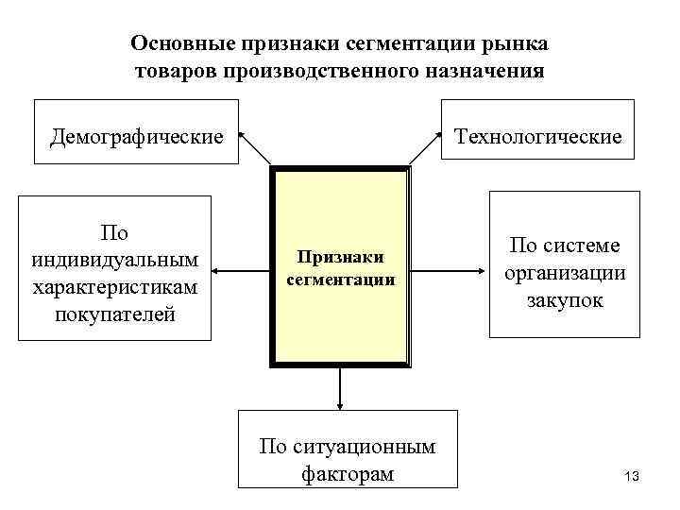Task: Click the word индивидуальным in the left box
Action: pyautogui.click(x=115, y=258)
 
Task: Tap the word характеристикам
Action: pyautogui.click(x=115, y=286)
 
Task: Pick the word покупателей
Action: pyautogui.click(x=115, y=313)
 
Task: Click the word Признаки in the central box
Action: pyautogui.click(x=340, y=256)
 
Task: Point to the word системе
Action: pyautogui.click(x=585, y=246)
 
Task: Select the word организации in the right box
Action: pyautogui.click(x=564, y=274)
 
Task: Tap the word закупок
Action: pyautogui.click(x=564, y=302)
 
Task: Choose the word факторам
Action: pyautogui.click(x=347, y=473)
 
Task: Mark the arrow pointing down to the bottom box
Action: pyautogui.click(x=340, y=387)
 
